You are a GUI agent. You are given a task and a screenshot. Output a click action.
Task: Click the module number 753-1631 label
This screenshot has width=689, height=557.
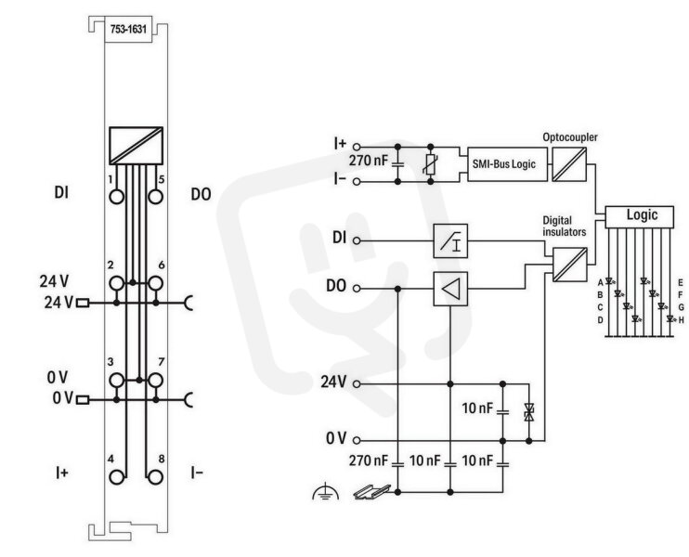(x=128, y=30)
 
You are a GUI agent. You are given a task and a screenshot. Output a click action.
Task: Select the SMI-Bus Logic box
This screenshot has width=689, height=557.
(x=508, y=163)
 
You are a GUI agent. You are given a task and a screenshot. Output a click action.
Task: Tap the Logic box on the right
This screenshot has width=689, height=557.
(x=640, y=216)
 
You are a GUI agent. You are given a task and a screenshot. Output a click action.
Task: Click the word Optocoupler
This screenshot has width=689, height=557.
(x=570, y=137)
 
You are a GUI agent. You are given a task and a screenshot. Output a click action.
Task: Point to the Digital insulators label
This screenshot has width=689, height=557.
(x=565, y=226)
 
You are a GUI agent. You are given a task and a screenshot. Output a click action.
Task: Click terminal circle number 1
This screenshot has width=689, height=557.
(x=116, y=197)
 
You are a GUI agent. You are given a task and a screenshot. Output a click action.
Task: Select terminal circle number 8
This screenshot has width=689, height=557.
(x=155, y=477)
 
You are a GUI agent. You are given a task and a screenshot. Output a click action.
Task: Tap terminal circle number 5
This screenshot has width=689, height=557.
(x=155, y=197)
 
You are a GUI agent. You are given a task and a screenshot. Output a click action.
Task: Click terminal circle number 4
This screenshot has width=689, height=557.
(x=116, y=477)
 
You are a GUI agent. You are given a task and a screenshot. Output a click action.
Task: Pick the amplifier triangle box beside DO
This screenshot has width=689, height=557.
(x=450, y=289)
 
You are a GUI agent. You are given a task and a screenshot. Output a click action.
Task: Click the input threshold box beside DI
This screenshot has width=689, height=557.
(x=450, y=240)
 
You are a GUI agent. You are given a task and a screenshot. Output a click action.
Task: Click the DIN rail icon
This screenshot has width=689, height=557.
(x=371, y=492)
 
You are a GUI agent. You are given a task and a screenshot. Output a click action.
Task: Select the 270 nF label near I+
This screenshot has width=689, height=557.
(x=369, y=161)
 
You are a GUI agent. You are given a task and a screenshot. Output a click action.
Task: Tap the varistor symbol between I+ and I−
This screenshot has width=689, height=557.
(x=431, y=164)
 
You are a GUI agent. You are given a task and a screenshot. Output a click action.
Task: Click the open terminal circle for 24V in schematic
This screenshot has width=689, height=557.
(x=357, y=384)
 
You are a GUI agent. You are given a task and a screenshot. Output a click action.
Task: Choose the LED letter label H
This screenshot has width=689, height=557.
(x=681, y=320)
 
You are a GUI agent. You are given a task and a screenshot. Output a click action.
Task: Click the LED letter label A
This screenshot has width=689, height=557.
(x=600, y=282)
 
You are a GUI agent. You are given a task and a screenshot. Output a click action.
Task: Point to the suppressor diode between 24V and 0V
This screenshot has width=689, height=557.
(x=529, y=412)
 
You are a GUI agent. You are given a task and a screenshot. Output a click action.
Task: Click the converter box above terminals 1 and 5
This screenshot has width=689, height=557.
(x=136, y=147)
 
